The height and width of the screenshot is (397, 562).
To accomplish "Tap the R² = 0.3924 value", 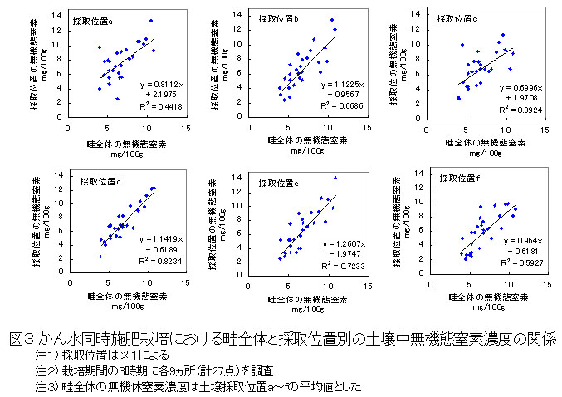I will pyautogui.click(x=520, y=110).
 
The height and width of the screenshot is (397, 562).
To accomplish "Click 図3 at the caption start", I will pyautogui.click(x=20, y=340).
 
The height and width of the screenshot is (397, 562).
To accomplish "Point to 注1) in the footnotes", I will pyautogui.click(x=46, y=355).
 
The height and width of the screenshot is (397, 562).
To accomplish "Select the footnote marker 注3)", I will pyautogui.click(x=46, y=387).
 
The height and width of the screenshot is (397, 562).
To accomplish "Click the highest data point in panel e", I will pyautogui.click(x=335, y=179).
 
